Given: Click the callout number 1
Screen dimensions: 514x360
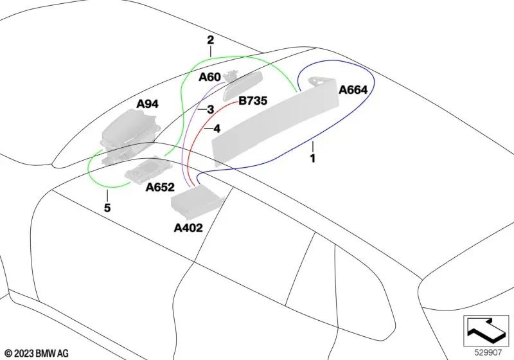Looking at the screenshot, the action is [x=313, y=158].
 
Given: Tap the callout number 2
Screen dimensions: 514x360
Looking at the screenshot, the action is [x=211, y=40].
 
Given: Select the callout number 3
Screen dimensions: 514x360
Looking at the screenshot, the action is [x=211, y=109].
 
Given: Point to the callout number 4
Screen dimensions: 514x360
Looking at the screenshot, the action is [x=217, y=129].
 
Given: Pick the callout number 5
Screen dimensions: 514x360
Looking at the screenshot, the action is [x=107, y=208].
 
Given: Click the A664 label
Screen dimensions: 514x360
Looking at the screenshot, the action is [x=353, y=90].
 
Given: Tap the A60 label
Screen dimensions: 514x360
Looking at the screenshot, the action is [x=210, y=77].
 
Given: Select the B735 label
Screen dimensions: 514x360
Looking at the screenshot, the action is [x=253, y=101].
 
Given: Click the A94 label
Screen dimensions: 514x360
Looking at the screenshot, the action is [x=148, y=104].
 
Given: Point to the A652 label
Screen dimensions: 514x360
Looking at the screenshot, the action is [x=160, y=187].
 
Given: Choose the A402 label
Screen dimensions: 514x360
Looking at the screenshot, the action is [x=188, y=228].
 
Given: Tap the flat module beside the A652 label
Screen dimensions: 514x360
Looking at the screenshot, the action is [x=148, y=170].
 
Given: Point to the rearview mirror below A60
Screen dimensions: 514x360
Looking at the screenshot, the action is [x=243, y=86].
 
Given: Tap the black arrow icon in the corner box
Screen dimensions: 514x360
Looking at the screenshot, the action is [x=486, y=330].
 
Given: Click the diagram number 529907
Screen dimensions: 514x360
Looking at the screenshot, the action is [x=488, y=352].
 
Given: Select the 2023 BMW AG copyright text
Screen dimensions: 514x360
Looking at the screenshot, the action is [x=37, y=354].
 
